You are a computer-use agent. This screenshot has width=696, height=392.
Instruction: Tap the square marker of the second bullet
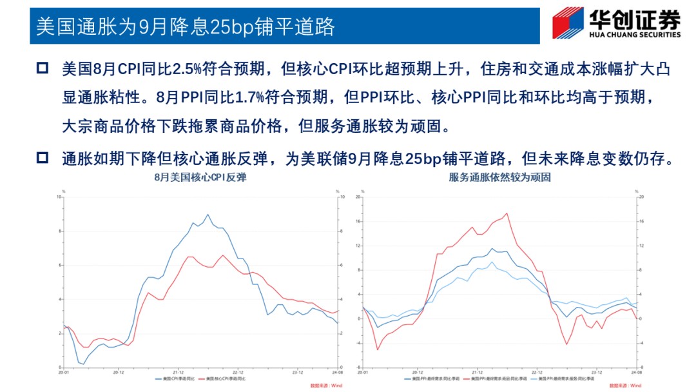click(43, 157)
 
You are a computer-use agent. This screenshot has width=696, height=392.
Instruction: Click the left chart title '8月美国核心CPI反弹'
click(200, 177)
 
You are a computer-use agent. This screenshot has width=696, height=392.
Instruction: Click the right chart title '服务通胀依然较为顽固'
click(499, 177)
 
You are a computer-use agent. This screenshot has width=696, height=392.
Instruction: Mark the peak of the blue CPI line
click(208, 215)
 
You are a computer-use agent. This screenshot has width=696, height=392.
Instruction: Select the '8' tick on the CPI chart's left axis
click(59, 231)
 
